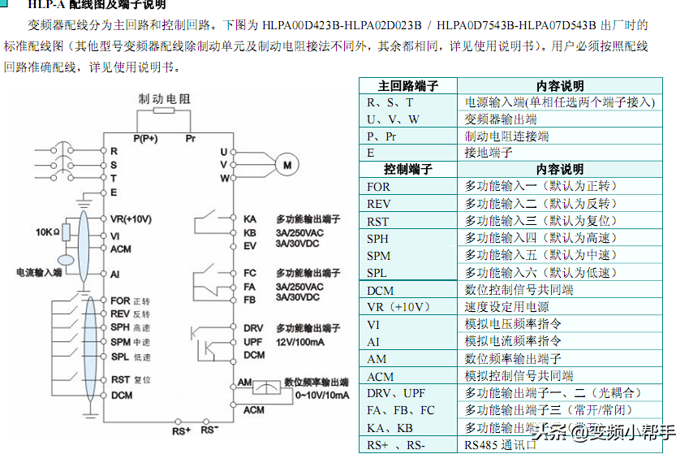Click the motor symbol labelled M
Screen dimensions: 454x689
(286, 165)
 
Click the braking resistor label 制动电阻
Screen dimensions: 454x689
(165, 99)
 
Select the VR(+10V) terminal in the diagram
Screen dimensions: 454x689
(131, 219)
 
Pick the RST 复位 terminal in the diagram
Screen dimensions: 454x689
(131, 379)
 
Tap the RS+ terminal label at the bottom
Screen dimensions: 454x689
(181, 430)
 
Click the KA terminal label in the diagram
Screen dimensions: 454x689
(250, 219)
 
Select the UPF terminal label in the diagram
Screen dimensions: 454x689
(253, 342)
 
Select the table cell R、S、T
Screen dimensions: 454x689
(390, 103)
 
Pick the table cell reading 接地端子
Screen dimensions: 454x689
(489, 153)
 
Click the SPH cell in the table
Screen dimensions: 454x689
(378, 239)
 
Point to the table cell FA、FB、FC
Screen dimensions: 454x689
(401, 411)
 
